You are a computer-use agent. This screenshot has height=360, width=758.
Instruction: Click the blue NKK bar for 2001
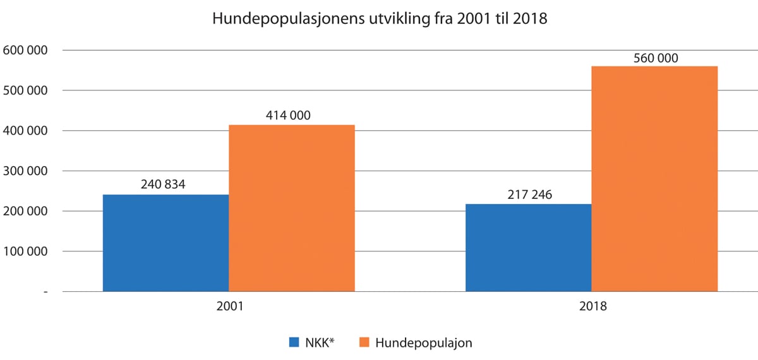click(x=165, y=243)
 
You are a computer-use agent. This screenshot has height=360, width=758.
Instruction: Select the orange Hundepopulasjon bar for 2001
click(x=292, y=208)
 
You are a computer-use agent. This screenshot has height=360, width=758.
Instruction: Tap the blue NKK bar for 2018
click(x=528, y=248)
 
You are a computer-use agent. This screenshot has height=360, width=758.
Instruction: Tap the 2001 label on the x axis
click(x=229, y=307)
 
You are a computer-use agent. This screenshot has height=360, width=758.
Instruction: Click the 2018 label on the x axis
click(x=591, y=307)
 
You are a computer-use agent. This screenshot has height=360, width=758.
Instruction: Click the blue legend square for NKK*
click(x=294, y=343)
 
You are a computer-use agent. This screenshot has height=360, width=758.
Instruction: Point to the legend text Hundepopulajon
click(x=424, y=343)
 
